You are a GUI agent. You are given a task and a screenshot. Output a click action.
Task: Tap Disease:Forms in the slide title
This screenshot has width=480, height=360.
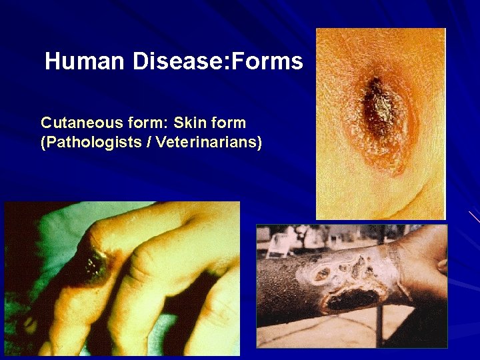(x=217, y=62)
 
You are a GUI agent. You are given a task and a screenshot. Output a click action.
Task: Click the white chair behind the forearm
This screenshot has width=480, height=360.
(x=278, y=244)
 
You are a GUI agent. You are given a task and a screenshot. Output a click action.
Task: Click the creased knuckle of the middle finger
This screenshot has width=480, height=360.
(x=143, y=270)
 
